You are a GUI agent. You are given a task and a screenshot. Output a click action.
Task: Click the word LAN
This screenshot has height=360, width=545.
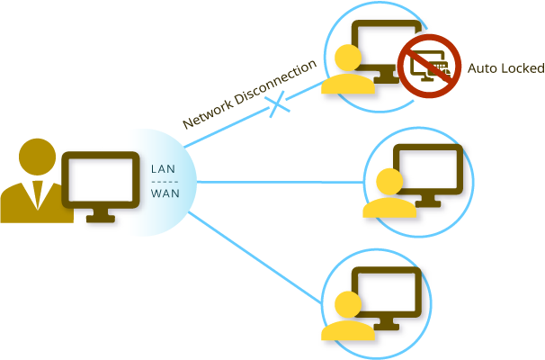point(164,168)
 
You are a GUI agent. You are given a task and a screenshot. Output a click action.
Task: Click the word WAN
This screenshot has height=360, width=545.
point(164,193)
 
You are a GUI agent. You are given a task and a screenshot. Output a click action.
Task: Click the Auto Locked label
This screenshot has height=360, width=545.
point(505,68)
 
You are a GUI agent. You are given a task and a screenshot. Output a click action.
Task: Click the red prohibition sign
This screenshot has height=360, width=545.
point(429,65)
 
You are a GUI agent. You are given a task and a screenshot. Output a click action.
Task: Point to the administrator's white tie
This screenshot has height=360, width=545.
point(37,194)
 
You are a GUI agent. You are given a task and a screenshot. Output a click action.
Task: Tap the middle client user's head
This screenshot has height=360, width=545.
point(389,183)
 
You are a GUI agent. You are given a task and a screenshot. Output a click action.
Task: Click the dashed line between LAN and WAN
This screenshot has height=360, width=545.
point(164,181)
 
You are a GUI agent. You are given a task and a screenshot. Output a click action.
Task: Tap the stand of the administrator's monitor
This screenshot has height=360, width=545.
point(100,216)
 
